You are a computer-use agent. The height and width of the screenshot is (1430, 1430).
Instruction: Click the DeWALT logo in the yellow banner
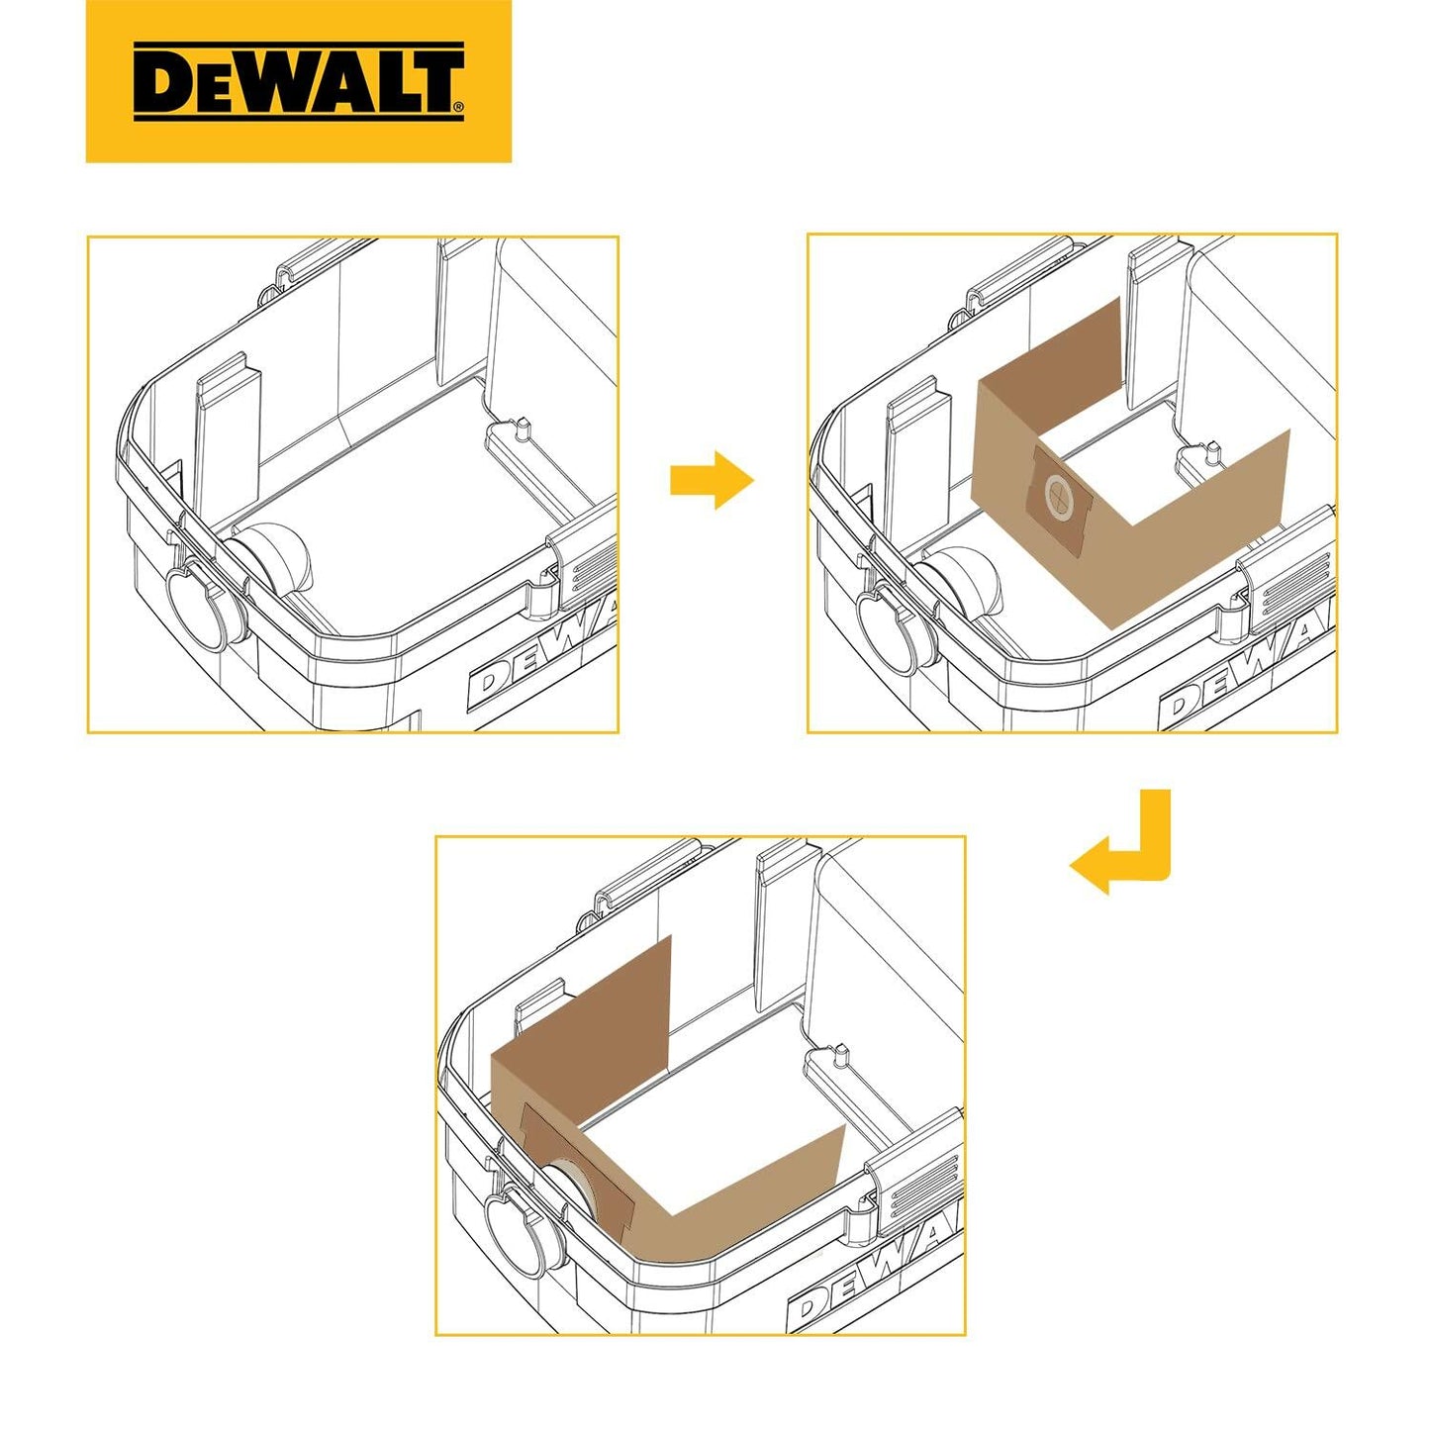coord(299,81)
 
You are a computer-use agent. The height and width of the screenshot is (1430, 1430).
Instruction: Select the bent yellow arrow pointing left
coord(1122,848)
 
